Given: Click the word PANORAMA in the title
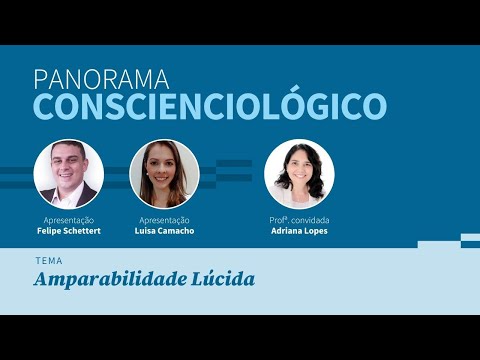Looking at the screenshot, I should (103, 78).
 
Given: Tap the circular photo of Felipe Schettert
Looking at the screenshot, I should (68, 173).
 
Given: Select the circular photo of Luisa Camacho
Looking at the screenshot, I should (165, 173).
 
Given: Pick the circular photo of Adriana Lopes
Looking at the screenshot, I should (299, 173).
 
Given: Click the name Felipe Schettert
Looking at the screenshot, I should (69, 231).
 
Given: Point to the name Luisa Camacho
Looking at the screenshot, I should (165, 231).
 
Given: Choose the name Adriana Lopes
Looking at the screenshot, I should (299, 231).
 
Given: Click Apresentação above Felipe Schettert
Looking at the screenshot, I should (69, 219).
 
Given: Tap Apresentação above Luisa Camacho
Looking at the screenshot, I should (165, 219).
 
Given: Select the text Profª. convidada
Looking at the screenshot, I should (299, 219).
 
